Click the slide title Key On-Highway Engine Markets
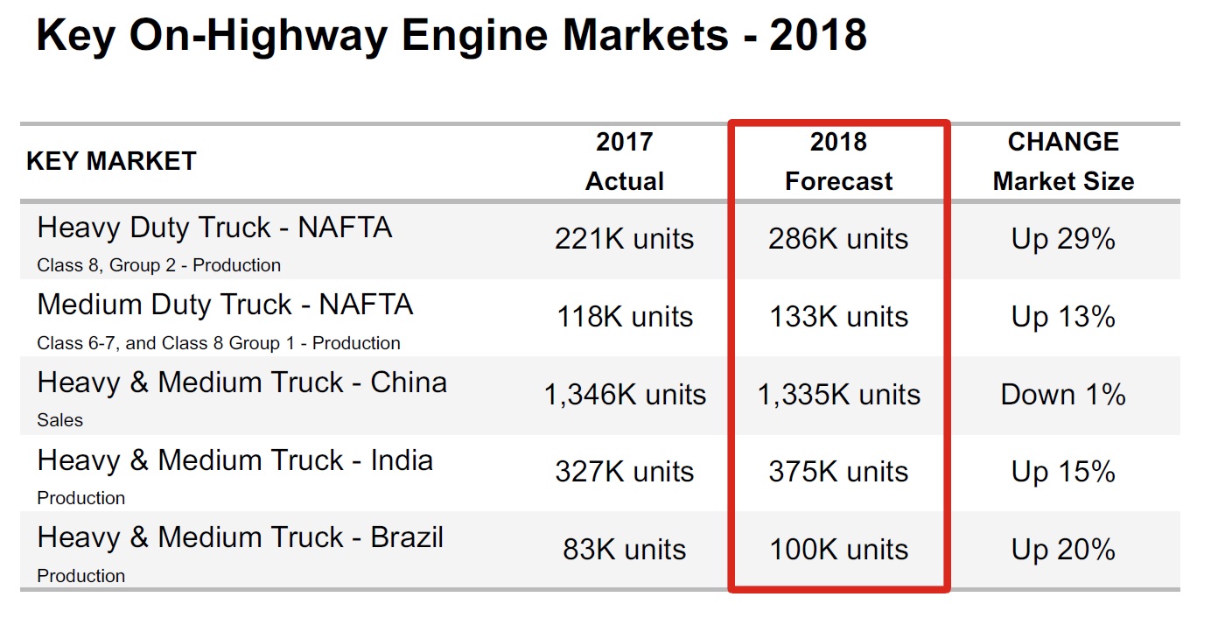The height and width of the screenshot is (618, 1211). coord(451,36)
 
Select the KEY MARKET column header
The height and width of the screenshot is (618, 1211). coord(111,161)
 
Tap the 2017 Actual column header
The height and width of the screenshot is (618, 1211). coord(625,161)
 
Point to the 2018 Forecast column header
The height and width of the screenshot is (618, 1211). coord(838,161)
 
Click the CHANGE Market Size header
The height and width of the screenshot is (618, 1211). coord(1063,161)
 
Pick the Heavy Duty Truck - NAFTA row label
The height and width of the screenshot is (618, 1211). coord(214,228)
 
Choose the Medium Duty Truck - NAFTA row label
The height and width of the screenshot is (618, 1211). coord(225,305)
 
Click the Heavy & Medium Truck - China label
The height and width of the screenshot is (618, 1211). coord(241,383)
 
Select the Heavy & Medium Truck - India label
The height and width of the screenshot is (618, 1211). coord(234,460)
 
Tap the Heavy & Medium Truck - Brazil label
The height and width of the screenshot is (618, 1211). coord(240,537)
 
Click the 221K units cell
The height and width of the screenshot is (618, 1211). coord(625,239)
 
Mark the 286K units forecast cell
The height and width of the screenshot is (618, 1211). coord(838,239)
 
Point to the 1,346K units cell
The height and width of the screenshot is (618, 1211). coord(625,395)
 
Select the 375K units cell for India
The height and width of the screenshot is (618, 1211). coord(838,472)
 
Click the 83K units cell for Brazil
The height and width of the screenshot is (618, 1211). coord(625,550)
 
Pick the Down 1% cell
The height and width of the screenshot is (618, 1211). coord(1063,395)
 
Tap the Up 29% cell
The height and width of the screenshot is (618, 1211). coord(1063,239)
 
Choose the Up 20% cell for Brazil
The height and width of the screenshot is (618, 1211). coord(1063,550)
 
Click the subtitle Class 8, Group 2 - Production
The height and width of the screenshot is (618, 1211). coord(158,265)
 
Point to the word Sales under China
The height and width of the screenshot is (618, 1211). coord(59,420)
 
